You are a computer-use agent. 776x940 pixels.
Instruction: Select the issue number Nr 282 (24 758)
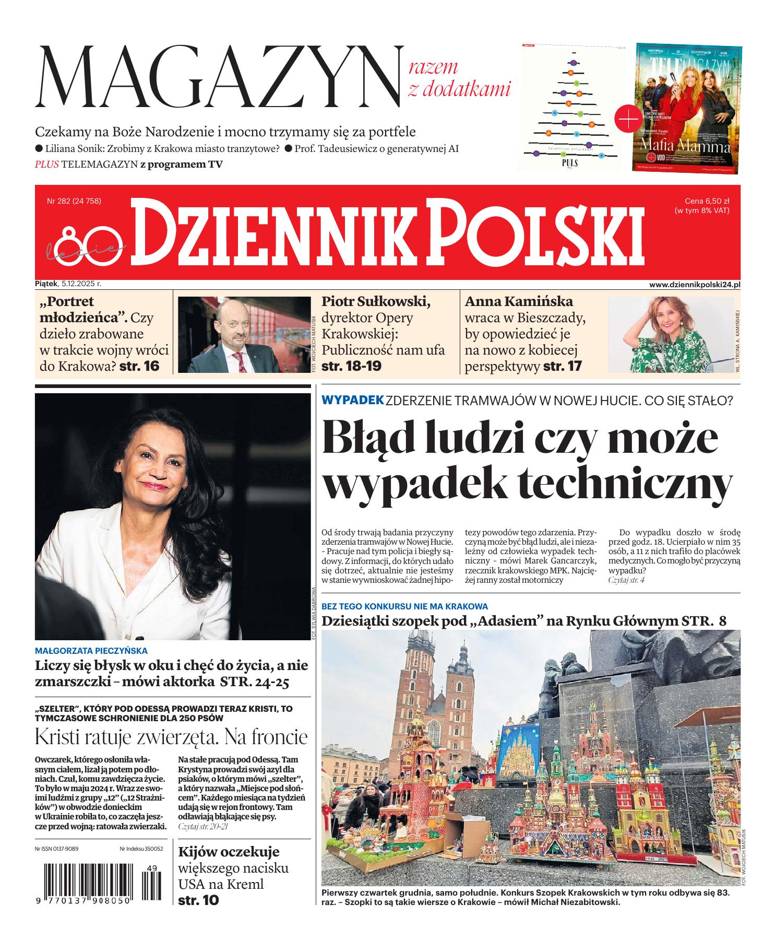pos(74,201)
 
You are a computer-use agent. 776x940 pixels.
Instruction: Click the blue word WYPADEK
pos(353,401)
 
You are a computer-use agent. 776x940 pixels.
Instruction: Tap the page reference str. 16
pos(139,366)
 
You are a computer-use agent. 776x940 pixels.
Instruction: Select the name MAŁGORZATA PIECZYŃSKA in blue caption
pos(91,651)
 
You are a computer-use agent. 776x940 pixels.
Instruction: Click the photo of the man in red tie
pos(244,334)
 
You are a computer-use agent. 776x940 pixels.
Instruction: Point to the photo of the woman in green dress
pos(671,334)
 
